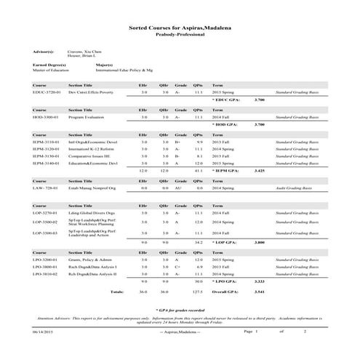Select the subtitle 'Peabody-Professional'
[180, 34]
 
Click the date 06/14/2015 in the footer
[43, 351]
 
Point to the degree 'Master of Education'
[50, 71]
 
